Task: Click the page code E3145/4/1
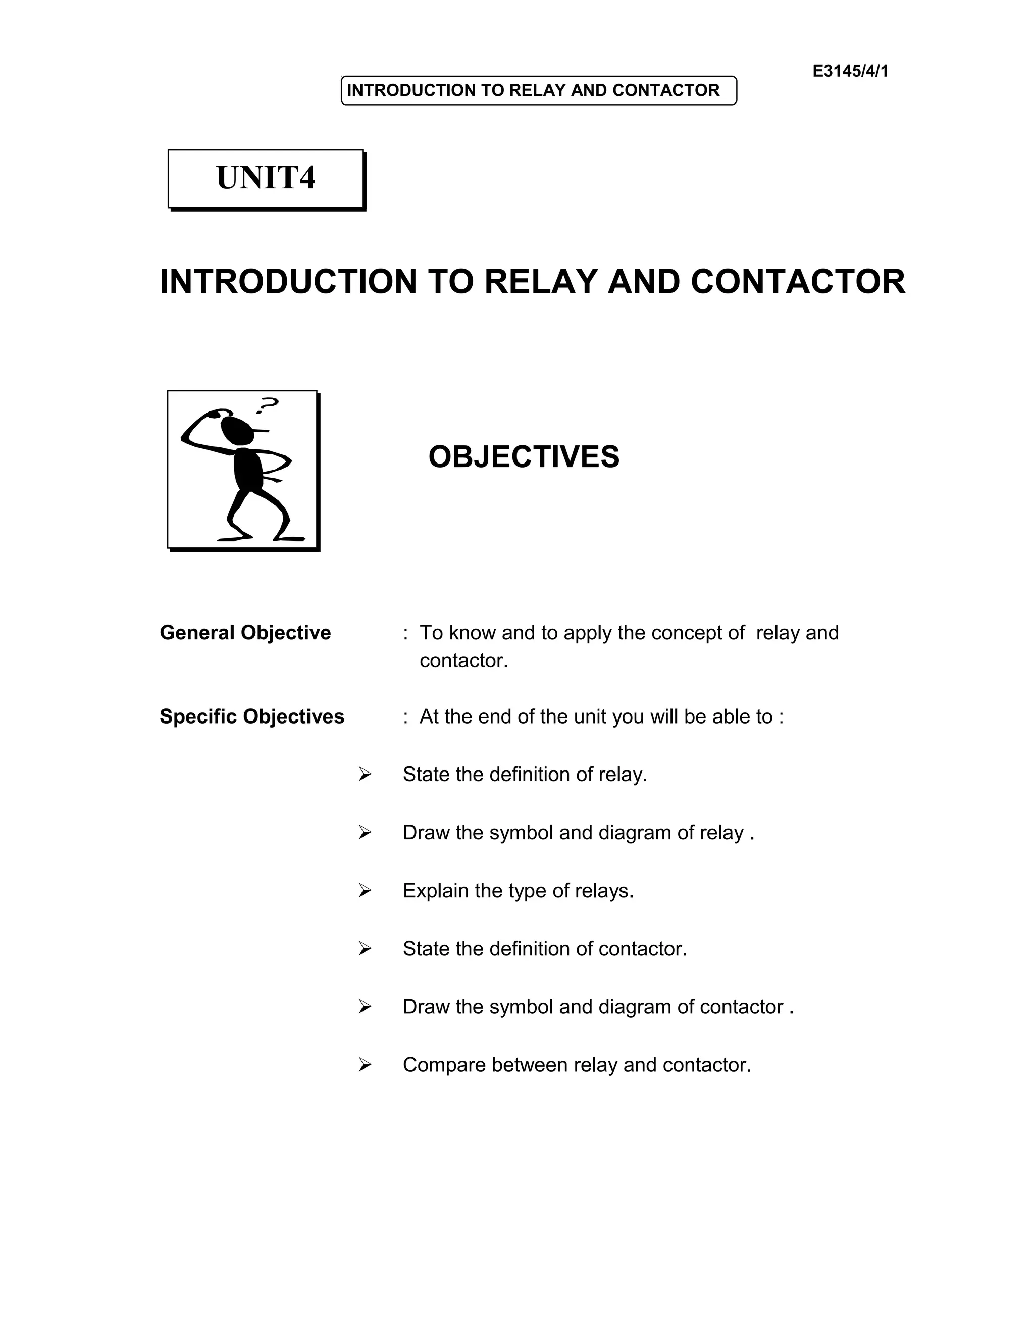click(850, 71)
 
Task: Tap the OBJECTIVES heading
click(524, 457)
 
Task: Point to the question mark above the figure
click(268, 404)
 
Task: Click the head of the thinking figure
click(238, 431)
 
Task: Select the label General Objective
click(245, 632)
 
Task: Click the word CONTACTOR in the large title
click(798, 282)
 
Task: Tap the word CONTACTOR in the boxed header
click(665, 91)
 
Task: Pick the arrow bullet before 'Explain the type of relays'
click(365, 890)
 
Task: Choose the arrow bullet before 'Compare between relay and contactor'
click(365, 1065)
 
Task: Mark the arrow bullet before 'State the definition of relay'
click(365, 775)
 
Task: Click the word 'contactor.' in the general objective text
click(463, 661)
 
